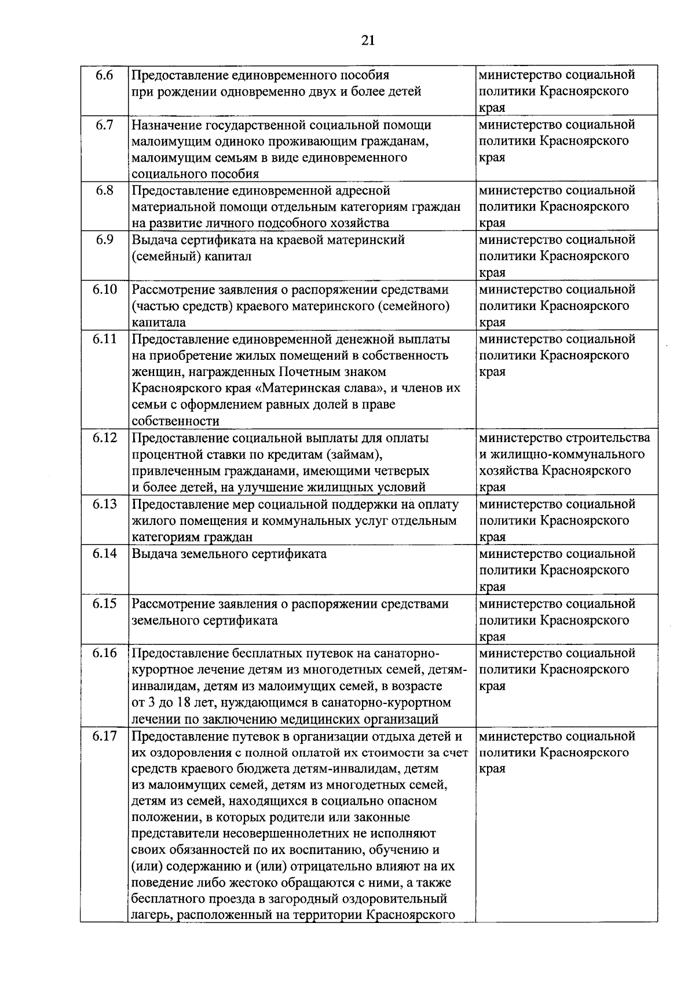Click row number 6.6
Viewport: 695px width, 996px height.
point(104,75)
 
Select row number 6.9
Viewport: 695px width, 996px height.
point(104,240)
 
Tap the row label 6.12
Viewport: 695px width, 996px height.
point(104,438)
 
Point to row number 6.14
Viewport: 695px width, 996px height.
point(104,553)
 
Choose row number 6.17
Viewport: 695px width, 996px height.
point(104,736)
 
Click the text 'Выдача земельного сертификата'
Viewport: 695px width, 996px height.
point(229,554)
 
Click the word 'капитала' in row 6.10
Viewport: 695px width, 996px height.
point(159,323)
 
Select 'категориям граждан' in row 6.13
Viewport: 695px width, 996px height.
point(192,537)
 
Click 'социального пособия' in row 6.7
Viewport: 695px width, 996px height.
point(195,174)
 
